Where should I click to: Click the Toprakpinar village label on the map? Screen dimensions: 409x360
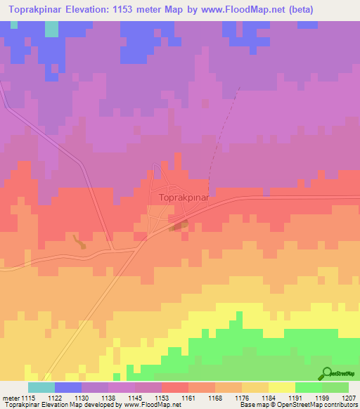pos(184,198)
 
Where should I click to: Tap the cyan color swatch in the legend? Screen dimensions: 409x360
pos(41,387)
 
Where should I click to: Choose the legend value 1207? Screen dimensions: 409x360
pos(349,398)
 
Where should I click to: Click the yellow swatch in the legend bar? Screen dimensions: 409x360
pos(282,387)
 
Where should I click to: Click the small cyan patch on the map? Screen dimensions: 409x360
pos(51,30)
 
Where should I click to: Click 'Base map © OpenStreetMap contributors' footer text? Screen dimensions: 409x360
pos(295,405)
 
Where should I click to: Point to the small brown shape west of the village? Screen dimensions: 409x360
pos(79,242)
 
